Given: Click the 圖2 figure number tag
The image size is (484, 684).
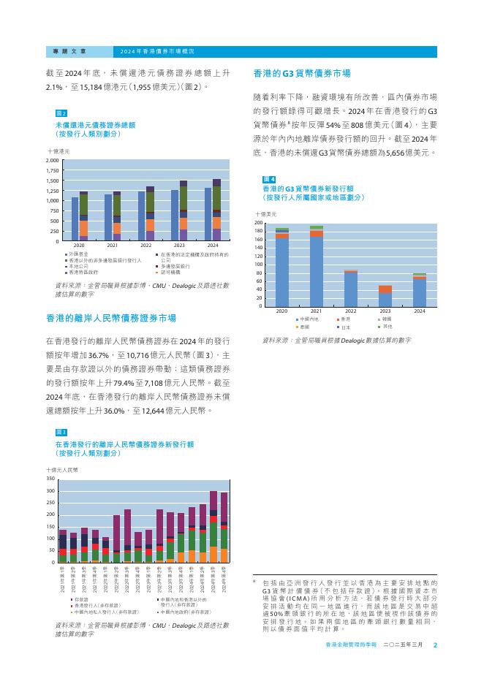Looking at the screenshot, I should [61, 114].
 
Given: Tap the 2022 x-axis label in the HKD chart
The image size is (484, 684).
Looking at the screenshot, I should [146, 246].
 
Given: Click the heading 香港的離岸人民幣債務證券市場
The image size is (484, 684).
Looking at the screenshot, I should [110, 319].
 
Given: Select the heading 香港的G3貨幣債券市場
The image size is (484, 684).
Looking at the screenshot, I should [301, 74].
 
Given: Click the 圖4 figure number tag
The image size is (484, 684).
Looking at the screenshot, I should [268, 179].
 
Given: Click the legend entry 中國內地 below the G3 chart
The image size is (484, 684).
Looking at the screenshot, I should [307, 319].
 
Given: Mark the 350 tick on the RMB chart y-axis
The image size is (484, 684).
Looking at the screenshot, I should [50, 479].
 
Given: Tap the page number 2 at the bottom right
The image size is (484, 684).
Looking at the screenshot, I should [434, 645].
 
